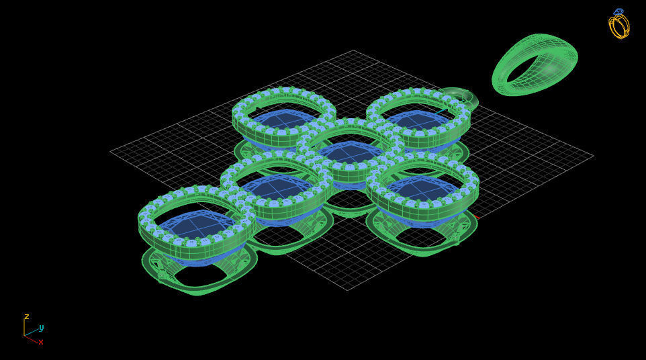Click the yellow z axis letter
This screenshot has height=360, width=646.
[x=27, y=316]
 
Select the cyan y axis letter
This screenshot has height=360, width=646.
[x=41, y=328]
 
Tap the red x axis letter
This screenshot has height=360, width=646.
[x=41, y=342]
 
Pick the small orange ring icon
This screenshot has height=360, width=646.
[x=618, y=24]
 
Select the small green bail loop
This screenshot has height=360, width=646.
[x=463, y=97]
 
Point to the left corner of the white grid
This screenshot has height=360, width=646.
[x=111, y=152]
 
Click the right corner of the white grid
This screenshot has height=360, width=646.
[x=593, y=156]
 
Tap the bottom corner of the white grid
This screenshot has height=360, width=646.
[x=347, y=290]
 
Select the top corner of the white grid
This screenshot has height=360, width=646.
[x=354, y=50]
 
